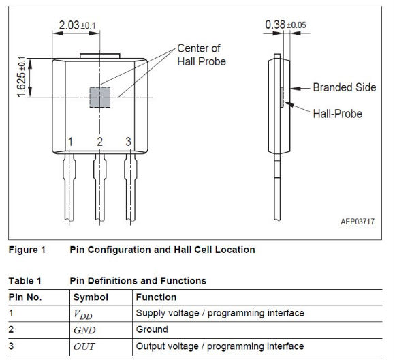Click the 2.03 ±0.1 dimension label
pyautogui.click(x=78, y=25)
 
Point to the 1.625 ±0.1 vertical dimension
pyautogui.click(x=21, y=77)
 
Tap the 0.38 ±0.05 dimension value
pyautogui.click(x=285, y=25)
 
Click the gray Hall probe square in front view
pyautogui.click(x=100, y=97)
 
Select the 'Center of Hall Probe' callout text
pyautogui.click(x=202, y=55)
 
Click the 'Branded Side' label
pyautogui.click(x=345, y=87)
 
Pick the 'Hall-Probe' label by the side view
pyautogui.click(x=337, y=114)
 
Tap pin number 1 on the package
pyautogui.click(x=70, y=142)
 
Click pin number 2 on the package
pyautogui.click(x=99, y=142)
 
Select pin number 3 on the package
pyautogui.click(x=129, y=142)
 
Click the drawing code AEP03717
pyautogui.click(x=358, y=222)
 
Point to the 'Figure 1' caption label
pyautogui.click(x=27, y=250)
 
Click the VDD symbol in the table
pyautogui.click(x=83, y=314)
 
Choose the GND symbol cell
pyautogui.click(x=84, y=330)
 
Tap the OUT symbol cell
pyautogui.click(x=84, y=346)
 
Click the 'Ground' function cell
pyautogui.click(x=152, y=329)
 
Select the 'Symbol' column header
pyautogui.click(x=91, y=297)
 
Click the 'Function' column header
pyautogui.click(x=156, y=297)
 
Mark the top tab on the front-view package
pyautogui.click(x=100, y=56)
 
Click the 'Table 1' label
pyautogui.click(x=25, y=280)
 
